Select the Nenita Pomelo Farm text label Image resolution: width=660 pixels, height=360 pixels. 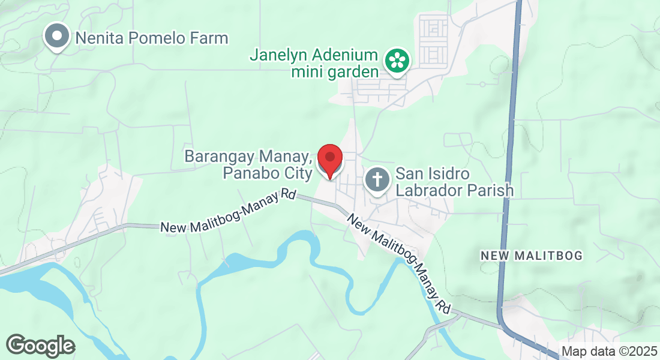click(x=152, y=38)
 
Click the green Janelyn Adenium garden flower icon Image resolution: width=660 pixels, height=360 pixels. click(x=396, y=60)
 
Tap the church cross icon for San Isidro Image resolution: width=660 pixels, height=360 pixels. click(x=377, y=179)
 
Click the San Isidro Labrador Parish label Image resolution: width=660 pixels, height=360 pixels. click(x=454, y=182)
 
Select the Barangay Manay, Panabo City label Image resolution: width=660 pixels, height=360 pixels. click(x=248, y=165)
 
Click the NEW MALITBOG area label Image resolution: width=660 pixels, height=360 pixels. click(x=532, y=256)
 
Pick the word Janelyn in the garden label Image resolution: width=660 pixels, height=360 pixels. click(x=282, y=56)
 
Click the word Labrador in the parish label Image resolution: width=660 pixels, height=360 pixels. click(x=424, y=191)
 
